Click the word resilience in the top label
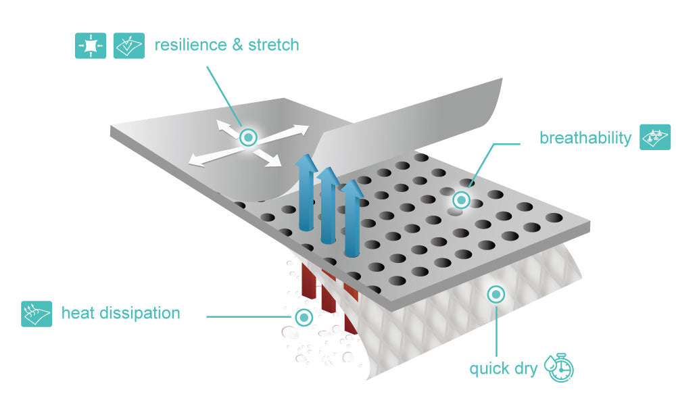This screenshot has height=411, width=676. click(x=191, y=45)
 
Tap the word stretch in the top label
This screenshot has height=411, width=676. click(x=274, y=45)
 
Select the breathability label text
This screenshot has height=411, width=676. click(x=585, y=138)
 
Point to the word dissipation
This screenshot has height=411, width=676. click(x=139, y=314)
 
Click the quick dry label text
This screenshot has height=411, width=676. click(x=503, y=368)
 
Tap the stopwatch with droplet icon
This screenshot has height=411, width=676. click(x=559, y=368)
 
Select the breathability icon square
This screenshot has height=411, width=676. click(x=655, y=137)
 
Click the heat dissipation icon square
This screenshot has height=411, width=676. click(x=37, y=314)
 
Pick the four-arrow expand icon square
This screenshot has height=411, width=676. click(x=91, y=45)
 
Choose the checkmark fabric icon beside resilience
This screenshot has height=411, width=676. click(x=129, y=45)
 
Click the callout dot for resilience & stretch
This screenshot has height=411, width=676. click(x=248, y=138)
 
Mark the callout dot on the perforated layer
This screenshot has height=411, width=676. click(x=461, y=200)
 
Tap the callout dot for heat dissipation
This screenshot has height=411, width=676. click(x=304, y=318)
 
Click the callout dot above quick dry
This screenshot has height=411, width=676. click(x=496, y=295)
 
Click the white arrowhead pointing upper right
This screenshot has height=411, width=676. click(x=301, y=130)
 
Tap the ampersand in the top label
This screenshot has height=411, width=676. click(x=237, y=45)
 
